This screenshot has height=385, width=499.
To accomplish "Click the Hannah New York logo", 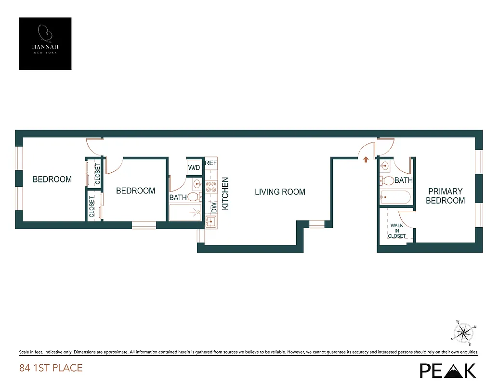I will point(45,43).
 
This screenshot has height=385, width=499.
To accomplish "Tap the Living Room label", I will point(280,192).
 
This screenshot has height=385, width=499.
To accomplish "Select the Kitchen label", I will point(225,193).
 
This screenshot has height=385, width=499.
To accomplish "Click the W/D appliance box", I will point(194,167).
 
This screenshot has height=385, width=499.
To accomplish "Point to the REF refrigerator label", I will point(210,163).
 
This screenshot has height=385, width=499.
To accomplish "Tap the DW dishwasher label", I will point(214,207).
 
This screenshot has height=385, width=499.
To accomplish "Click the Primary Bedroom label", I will point(445,196).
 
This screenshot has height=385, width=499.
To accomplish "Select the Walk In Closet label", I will point(396,231).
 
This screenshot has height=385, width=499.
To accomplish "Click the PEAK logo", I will point(448,370).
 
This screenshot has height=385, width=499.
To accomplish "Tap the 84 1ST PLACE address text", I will point(51,368).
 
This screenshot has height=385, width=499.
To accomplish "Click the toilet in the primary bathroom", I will point(388,181).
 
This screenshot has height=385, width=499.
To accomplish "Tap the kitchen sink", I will point(210,221).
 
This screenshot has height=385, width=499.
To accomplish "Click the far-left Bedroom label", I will point(52,179).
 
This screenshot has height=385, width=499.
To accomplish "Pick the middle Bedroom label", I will point(135,191).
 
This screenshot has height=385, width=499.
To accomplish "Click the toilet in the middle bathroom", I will point(194,196).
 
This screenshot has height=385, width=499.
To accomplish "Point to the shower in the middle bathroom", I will point(185,212).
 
